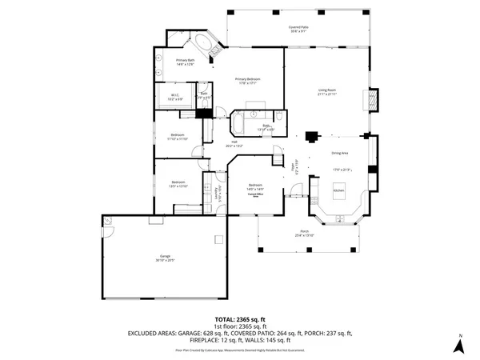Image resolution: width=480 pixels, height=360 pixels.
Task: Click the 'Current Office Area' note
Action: (x=255, y=194)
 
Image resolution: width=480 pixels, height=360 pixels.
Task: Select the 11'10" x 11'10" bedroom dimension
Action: (x=178, y=139)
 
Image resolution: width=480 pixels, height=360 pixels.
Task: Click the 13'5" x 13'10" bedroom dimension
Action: (x=178, y=186)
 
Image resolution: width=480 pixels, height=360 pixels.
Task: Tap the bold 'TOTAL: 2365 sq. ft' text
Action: (x=239, y=319)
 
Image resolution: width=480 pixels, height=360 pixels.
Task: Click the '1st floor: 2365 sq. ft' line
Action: (x=239, y=326)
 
